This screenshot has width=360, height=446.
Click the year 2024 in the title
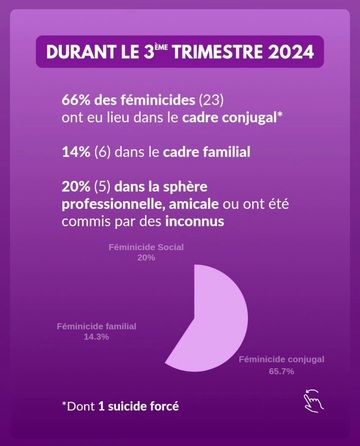291,52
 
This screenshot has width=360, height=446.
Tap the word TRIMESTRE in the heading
217,52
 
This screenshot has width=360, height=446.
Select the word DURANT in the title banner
81,52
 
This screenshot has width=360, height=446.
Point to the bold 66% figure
76,100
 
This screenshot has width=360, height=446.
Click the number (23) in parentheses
211,100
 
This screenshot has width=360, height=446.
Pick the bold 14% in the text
76,152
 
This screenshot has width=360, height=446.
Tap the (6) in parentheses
102,152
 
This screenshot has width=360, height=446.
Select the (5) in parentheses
102,187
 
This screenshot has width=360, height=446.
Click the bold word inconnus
195,221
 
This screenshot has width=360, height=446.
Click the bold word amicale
194,204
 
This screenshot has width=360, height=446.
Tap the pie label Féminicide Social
146,247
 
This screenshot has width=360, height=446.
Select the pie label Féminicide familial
96,326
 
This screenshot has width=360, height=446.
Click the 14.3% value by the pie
96,337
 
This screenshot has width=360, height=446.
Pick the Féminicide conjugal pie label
281,360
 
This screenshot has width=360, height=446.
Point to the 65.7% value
281,371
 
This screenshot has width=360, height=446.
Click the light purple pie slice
218,320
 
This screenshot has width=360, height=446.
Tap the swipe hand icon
313,400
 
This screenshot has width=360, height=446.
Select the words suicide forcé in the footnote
143,406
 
